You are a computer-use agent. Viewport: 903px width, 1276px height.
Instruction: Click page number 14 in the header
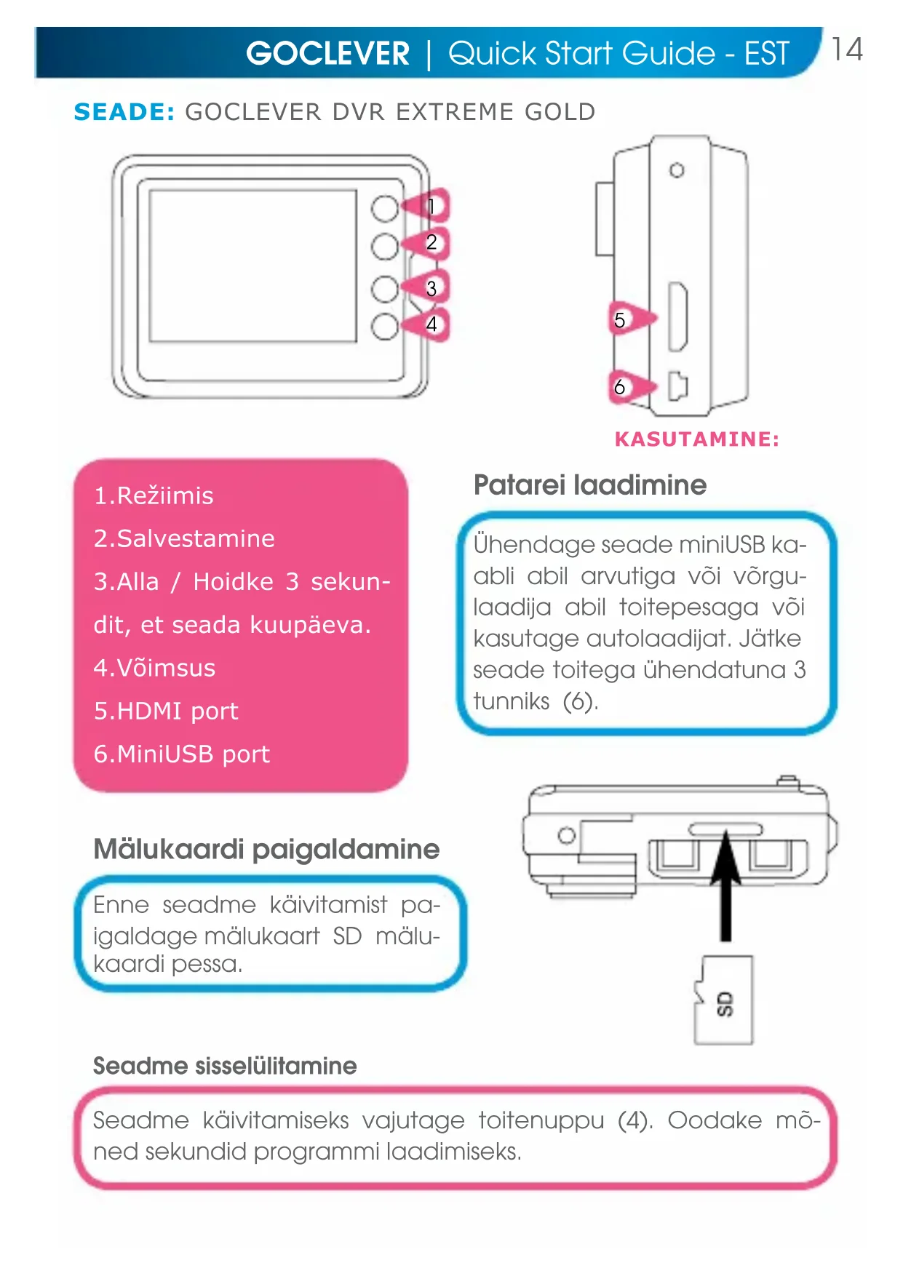[847, 50]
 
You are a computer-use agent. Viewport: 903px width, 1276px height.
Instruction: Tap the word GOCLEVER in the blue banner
[327, 54]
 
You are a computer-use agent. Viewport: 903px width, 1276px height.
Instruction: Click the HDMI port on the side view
[677, 317]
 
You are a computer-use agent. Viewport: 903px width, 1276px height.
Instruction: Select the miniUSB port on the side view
[677, 386]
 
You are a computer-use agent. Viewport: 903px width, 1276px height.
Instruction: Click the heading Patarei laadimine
[589, 485]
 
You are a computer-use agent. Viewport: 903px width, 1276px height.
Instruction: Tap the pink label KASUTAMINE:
[696, 439]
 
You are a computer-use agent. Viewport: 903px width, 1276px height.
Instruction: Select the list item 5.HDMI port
[166, 711]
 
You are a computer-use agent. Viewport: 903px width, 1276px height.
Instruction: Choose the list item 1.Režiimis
[154, 495]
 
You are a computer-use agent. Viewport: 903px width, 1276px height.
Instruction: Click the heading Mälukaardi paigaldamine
[266, 849]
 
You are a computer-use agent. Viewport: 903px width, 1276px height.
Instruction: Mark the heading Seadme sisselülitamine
[225, 1066]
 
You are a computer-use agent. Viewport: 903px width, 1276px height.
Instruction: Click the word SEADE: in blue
[124, 112]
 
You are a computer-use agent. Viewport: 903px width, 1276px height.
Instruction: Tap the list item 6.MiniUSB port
[182, 754]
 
